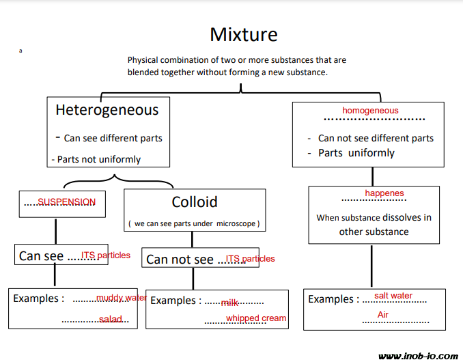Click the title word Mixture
244,34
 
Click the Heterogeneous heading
107,110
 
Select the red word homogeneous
370,110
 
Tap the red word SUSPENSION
67,202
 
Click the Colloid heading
195,202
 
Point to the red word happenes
384,193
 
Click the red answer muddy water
122,298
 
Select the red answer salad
110,319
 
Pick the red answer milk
229,302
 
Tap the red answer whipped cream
256,318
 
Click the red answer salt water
393,296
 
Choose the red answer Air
383,315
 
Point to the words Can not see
180,259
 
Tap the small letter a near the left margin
21,51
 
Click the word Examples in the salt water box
330,299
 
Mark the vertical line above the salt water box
372,266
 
